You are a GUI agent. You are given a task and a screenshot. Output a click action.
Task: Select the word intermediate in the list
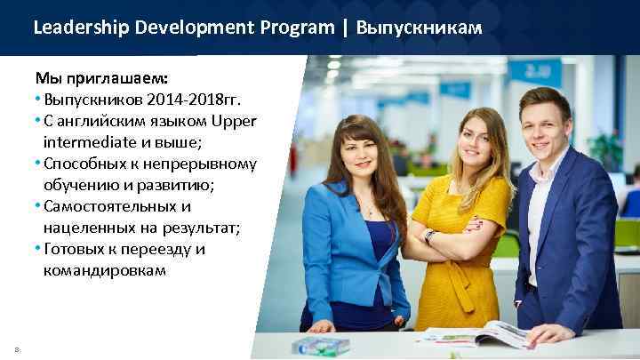click(x=84, y=141)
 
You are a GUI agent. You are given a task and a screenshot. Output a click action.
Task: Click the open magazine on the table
click(x=476, y=335)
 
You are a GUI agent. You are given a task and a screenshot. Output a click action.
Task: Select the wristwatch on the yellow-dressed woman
click(x=429, y=236)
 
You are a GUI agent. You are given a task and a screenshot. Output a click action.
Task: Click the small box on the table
click(x=320, y=346)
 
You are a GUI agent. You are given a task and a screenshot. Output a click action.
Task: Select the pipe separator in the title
click(x=344, y=28)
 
